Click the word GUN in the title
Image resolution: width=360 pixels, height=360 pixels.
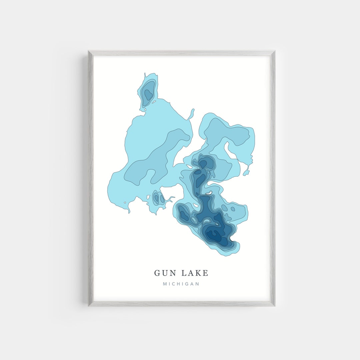(166, 273)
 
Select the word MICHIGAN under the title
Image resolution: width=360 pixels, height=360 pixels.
(181, 284)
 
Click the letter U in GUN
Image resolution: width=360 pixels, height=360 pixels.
(166, 273)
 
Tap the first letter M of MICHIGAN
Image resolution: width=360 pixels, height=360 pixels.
(165, 284)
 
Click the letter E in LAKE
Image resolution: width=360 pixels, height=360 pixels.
(206, 273)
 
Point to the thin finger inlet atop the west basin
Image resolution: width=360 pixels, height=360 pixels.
(192, 114)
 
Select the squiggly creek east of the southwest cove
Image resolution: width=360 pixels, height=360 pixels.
(170, 199)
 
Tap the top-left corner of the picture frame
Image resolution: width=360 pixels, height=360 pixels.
(89, 51)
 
